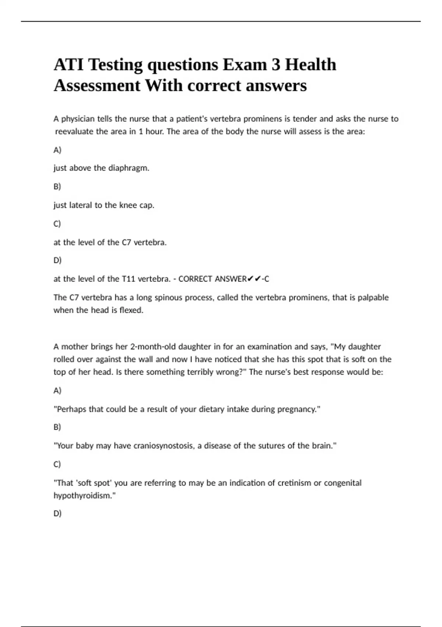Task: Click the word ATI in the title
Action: click(69, 65)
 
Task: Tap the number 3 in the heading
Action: click(276, 65)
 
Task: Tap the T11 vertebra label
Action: click(129, 279)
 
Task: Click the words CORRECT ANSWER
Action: click(213, 279)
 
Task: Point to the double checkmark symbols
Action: click(254, 279)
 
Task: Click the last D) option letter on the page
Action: click(57, 513)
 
